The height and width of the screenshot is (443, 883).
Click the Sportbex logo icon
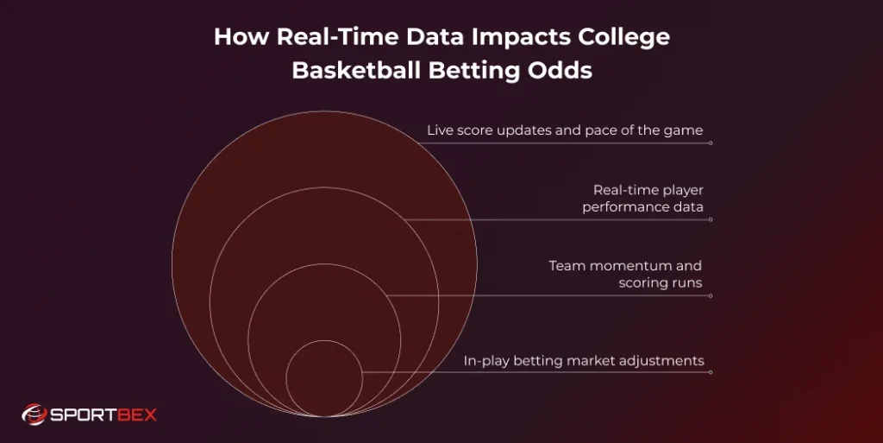coord(33,415)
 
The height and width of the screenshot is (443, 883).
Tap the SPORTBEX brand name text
coord(103,415)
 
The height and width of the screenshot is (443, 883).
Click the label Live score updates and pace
coord(565,130)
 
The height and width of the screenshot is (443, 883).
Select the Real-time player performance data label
coord(642,199)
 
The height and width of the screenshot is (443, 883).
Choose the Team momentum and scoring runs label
coord(625,274)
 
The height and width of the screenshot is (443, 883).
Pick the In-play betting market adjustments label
coord(584,361)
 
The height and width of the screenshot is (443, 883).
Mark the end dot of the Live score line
coord(710,143)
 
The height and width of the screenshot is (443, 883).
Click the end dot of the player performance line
coord(710,219)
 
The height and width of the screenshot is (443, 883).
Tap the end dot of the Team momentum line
coord(710,296)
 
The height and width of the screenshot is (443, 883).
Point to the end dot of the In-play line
coord(710,372)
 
